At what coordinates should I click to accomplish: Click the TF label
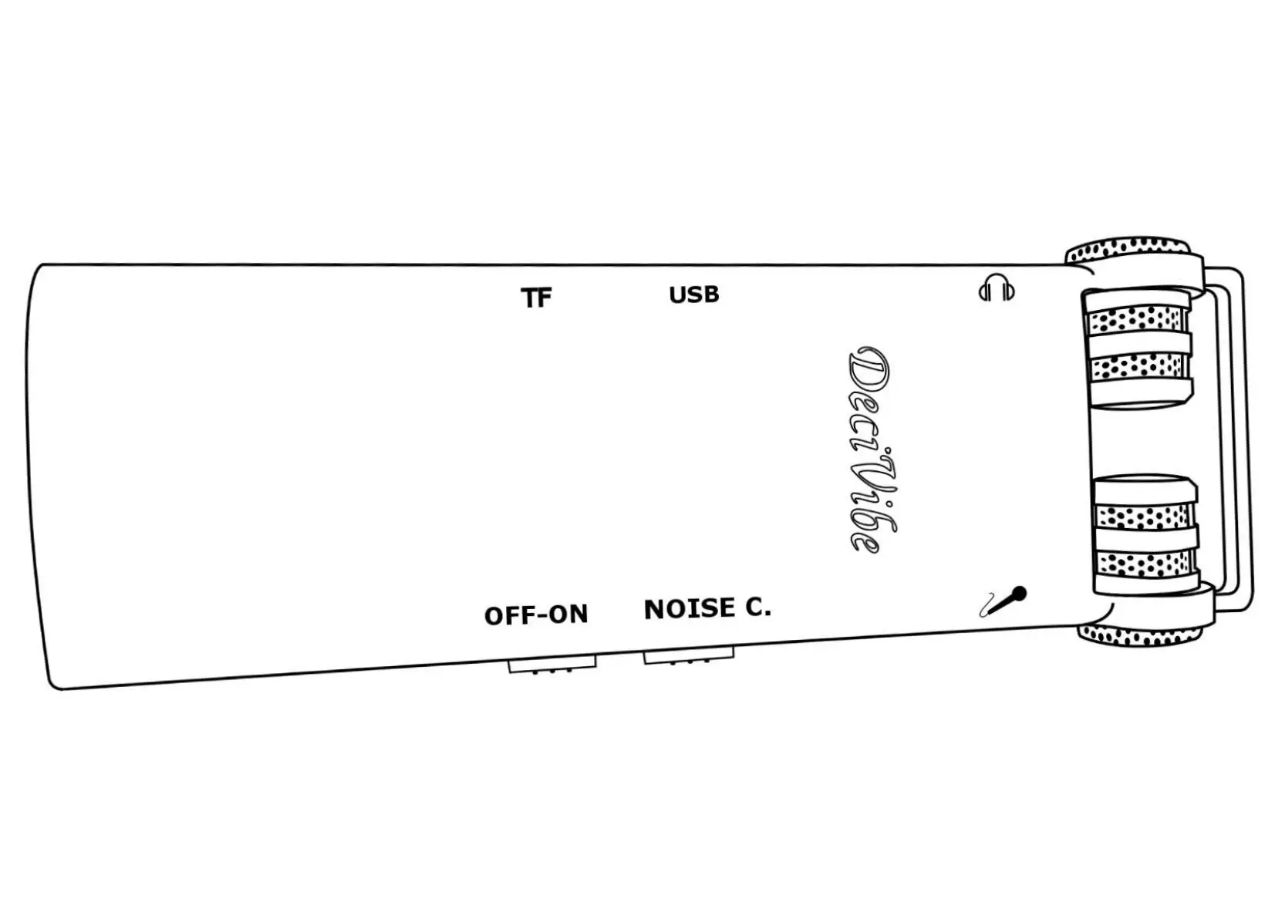[536, 298]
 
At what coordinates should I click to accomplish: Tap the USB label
[693, 295]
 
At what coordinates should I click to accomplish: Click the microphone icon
[1003, 601]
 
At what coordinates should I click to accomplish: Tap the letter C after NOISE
[757, 608]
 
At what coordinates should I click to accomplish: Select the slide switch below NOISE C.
[688, 656]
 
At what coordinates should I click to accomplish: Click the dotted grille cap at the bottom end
[1140, 636]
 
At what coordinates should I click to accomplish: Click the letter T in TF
[529, 298]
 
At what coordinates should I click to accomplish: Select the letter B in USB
[710, 295]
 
